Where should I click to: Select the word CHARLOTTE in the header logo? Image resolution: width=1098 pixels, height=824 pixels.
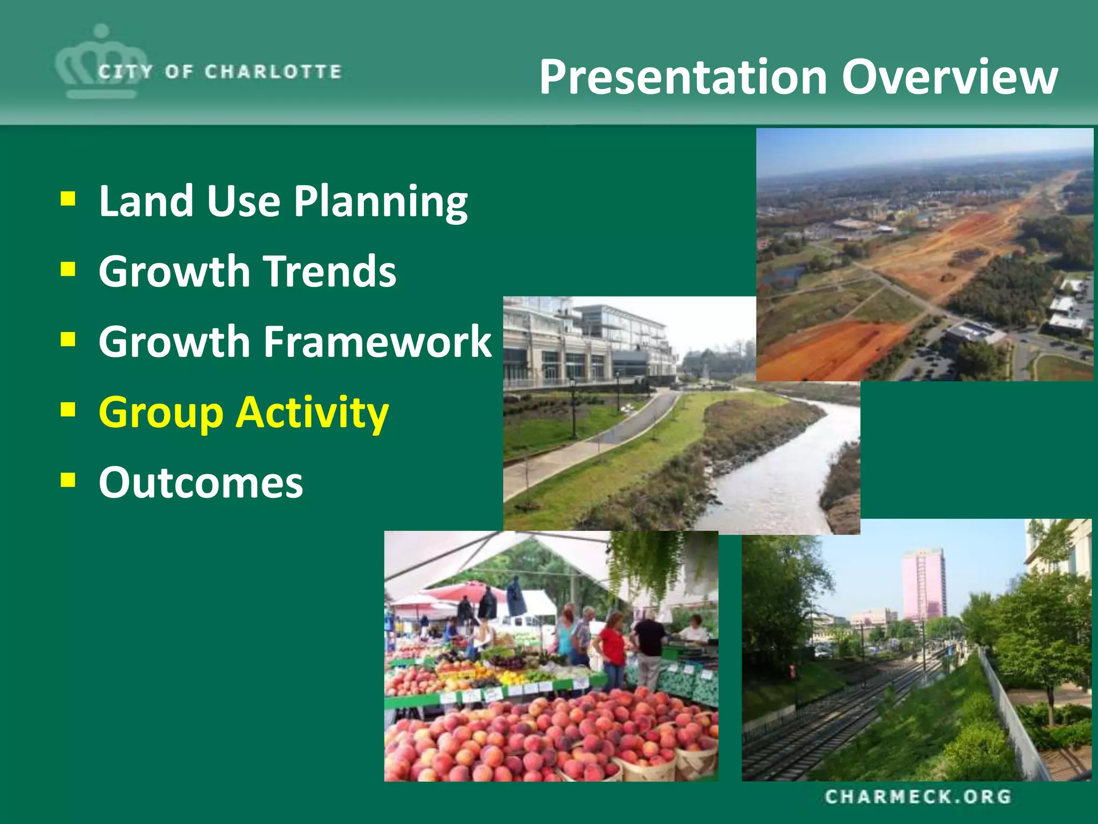click(x=273, y=72)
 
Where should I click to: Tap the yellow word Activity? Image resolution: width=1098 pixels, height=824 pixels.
click(x=313, y=413)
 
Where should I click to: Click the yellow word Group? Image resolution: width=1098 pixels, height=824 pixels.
click(x=161, y=413)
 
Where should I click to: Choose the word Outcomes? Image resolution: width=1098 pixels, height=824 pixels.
click(x=201, y=482)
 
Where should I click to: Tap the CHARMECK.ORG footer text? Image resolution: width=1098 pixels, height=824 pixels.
click(x=918, y=797)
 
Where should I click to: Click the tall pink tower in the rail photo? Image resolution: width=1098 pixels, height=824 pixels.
click(x=924, y=585)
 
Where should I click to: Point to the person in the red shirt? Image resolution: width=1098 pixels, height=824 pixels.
click(x=612, y=646)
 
